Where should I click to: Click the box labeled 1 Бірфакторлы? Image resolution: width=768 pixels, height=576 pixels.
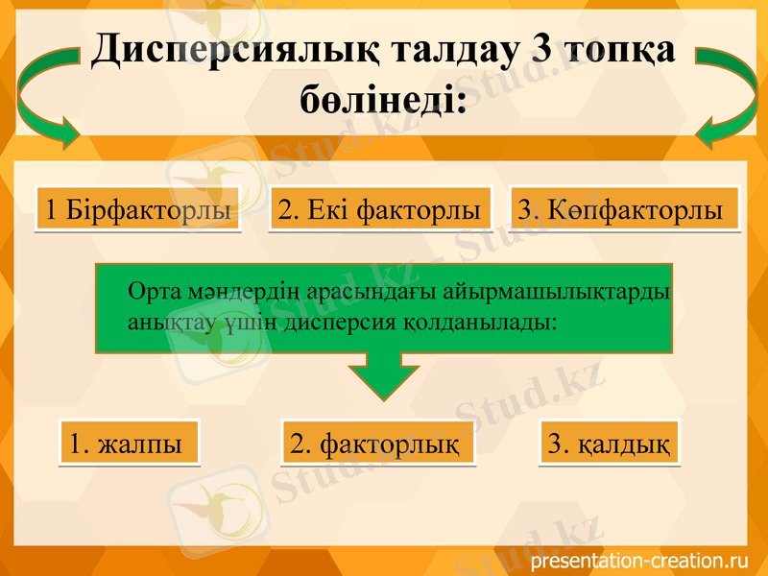[x=138, y=209]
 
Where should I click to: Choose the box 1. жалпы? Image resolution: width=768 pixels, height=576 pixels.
[x=129, y=444]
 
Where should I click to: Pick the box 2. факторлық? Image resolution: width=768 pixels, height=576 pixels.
[x=378, y=444]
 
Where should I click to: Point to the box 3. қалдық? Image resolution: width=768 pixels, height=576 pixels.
[x=609, y=444]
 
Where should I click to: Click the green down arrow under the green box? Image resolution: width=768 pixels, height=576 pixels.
[x=383, y=374]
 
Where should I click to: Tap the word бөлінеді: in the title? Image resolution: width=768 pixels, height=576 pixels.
[x=382, y=98]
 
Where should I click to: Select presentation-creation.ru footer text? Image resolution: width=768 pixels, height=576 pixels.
[x=638, y=559]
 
